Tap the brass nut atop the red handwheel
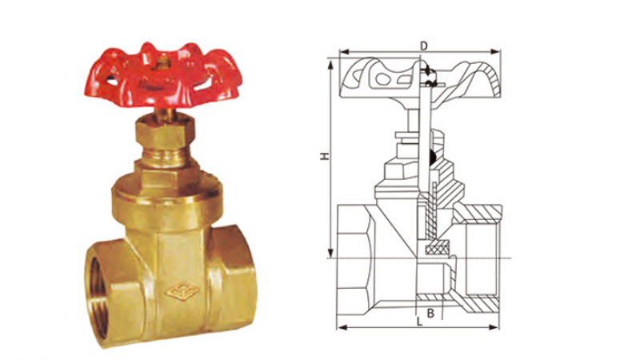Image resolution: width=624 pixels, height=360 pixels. click(x=162, y=64)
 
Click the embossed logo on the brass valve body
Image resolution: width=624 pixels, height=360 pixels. click(x=182, y=292)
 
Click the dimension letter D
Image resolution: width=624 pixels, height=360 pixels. click(x=424, y=46)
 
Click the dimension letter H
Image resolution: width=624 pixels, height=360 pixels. click(x=325, y=156)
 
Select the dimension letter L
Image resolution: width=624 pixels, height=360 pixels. click(x=419, y=322)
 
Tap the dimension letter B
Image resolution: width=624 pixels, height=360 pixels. click(x=430, y=314)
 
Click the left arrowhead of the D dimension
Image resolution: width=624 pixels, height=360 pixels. click(x=344, y=52)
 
